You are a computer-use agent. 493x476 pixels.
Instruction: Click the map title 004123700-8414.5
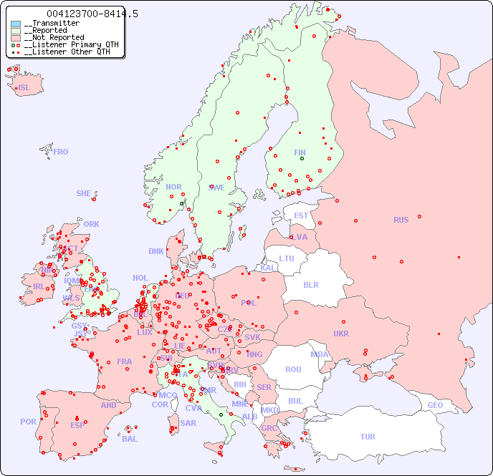coord(92,14)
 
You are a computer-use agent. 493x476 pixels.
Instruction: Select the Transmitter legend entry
coord(54,23)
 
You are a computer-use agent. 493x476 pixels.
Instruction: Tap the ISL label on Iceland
coord(24,88)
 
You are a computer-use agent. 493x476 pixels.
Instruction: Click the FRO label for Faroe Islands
coord(61,152)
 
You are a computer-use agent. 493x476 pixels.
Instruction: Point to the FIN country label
coord(300,152)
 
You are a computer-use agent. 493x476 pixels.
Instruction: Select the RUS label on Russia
coord(401,220)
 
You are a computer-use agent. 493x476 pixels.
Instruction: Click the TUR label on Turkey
coord(368,437)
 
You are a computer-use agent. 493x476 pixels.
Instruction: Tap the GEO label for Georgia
coord(435,405)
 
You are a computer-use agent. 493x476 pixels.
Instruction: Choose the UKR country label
coord(341,334)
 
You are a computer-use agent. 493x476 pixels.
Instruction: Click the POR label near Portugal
coord(28,422)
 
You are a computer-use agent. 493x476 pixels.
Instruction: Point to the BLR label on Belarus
coord(310,284)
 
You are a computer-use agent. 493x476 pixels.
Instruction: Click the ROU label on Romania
coord(293,369)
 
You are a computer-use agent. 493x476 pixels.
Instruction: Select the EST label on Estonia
coord(301,215)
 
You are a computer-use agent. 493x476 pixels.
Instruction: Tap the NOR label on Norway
coord(173,187)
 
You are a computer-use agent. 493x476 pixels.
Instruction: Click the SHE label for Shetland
coord(84,193)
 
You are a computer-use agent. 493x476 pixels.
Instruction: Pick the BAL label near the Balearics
coord(130,439)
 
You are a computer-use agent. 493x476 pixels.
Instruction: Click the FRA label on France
coord(125,361)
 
